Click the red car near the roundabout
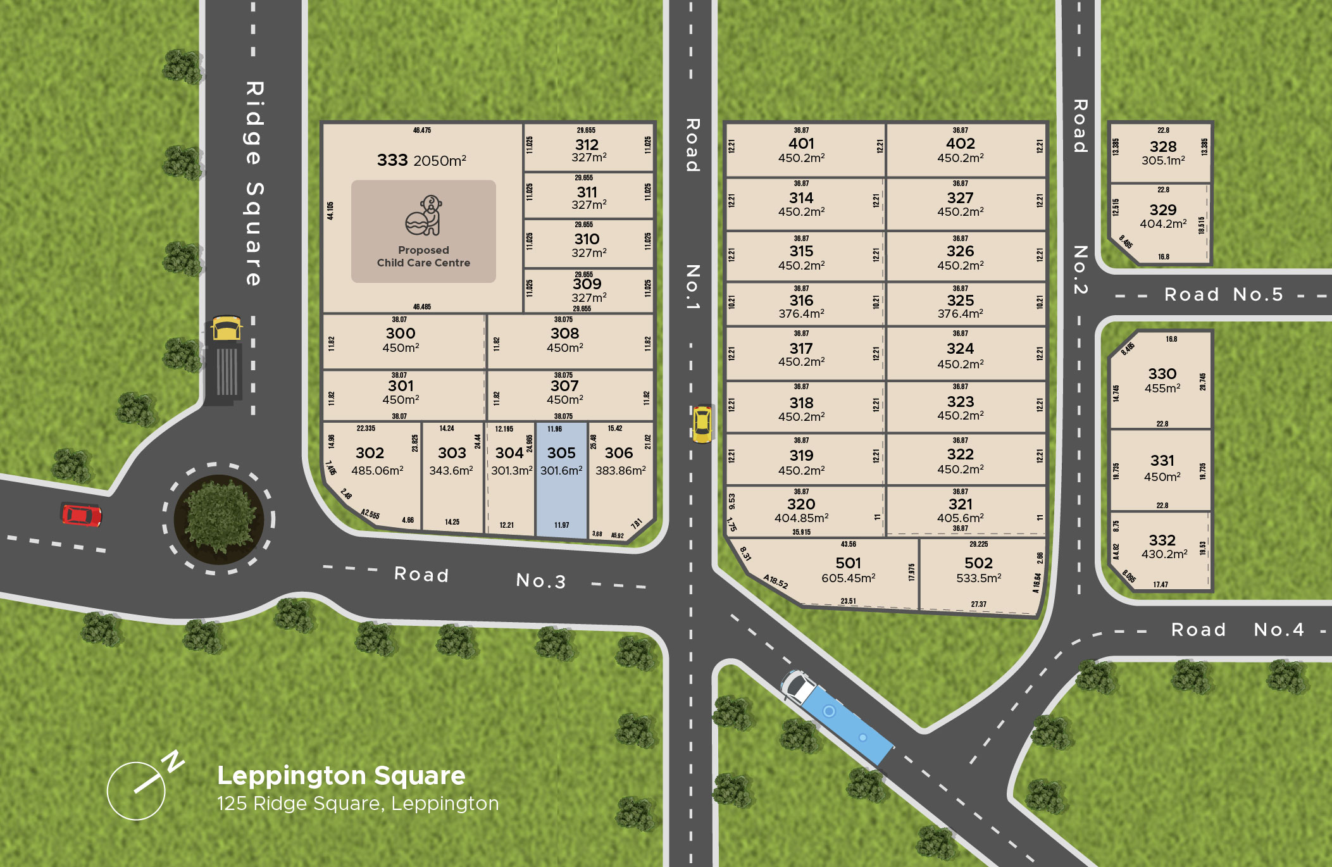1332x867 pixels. [x=81, y=515]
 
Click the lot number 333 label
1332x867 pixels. [x=392, y=160]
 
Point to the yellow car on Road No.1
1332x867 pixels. [x=702, y=423]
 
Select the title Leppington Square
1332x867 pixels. [x=341, y=775]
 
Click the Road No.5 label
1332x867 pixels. [x=1223, y=294]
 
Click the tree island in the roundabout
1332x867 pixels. [x=219, y=519]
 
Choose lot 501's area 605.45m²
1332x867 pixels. [x=848, y=578]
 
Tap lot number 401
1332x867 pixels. [x=801, y=144]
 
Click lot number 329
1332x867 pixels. [x=1163, y=209]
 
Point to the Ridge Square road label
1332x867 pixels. [x=254, y=184]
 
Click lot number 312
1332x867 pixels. [x=587, y=145]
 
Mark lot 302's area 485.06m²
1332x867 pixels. [x=377, y=470]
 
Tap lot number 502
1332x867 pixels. [x=978, y=563]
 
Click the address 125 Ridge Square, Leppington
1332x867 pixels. [x=358, y=804]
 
